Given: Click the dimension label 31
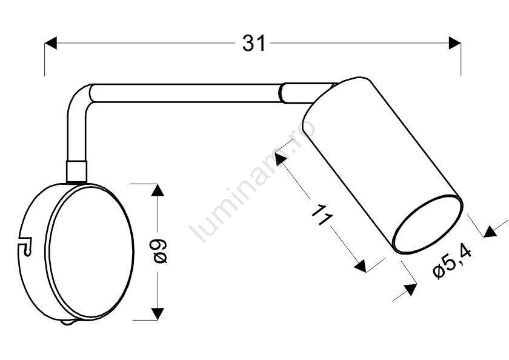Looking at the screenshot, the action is [x=253, y=43].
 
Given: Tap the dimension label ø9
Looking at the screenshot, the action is [x=160, y=252].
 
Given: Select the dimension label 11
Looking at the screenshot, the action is [x=322, y=216].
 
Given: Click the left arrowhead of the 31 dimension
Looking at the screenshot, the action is [x=51, y=43].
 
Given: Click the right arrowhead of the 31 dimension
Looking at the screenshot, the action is [x=455, y=43].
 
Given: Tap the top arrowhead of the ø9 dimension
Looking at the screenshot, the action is [x=158, y=190].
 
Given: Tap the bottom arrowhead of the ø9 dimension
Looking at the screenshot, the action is [x=158, y=313].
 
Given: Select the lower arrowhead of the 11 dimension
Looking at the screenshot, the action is [x=361, y=265].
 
